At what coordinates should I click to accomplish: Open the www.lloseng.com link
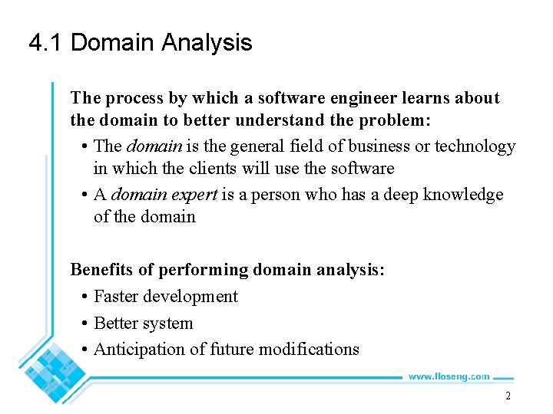pos(449,376)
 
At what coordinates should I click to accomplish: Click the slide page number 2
pos(508,396)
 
